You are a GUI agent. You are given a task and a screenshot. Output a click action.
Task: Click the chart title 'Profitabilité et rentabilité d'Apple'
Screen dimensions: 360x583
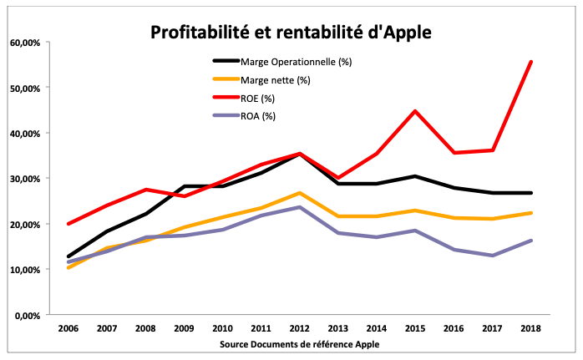point(291,32)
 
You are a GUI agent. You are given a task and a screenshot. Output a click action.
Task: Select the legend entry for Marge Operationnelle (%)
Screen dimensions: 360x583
point(287,61)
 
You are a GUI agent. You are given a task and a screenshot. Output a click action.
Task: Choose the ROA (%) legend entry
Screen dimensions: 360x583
point(258,115)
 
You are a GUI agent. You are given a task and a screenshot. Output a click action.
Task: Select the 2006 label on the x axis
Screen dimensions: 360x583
point(68,329)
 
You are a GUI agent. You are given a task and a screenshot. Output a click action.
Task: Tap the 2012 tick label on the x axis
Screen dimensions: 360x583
point(299,329)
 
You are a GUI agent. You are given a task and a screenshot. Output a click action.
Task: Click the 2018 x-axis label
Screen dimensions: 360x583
point(531,329)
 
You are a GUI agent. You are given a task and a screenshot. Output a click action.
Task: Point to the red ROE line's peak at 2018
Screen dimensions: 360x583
point(531,62)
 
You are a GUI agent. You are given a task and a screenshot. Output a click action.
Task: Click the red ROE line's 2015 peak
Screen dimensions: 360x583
point(415,111)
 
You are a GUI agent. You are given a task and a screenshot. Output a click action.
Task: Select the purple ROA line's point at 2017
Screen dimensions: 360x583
point(493,256)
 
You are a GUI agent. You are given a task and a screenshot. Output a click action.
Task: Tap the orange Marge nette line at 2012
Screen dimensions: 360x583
point(299,193)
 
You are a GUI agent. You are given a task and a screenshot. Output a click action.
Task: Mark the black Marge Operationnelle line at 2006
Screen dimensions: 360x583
point(68,256)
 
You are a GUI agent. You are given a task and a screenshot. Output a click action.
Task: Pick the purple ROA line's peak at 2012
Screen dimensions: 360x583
point(299,207)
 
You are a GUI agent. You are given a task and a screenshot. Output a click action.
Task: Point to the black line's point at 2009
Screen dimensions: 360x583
point(184,186)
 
